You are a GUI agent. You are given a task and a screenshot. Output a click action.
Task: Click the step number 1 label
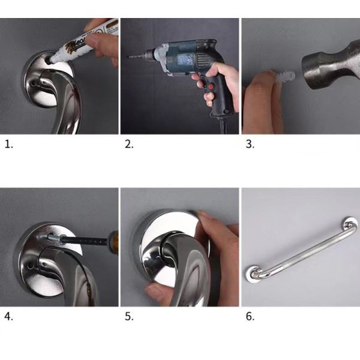(x=8, y=145)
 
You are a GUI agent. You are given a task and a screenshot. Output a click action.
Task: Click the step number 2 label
(x=128, y=145)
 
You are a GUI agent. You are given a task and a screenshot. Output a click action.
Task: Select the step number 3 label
(x=250, y=145)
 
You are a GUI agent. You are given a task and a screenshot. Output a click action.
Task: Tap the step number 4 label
(x=8, y=317)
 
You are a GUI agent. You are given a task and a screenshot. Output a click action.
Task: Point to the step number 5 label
(x=128, y=317)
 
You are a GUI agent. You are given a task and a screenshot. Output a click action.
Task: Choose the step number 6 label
(x=250, y=317)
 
